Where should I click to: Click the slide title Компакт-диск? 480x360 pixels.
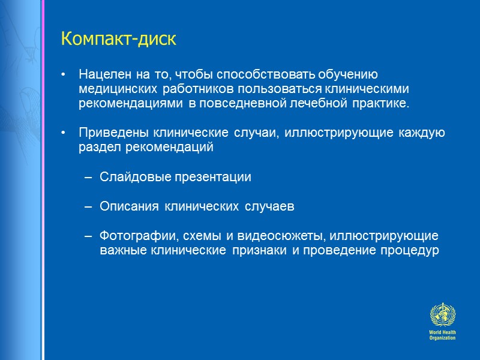(118, 40)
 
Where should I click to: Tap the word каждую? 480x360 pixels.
(423, 133)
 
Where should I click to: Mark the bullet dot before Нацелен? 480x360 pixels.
(64, 75)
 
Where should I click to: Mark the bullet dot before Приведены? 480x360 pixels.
(64, 133)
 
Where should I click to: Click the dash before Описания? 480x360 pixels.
(88, 206)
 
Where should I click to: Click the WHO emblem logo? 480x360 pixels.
(442, 314)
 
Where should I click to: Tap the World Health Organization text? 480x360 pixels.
(442, 335)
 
